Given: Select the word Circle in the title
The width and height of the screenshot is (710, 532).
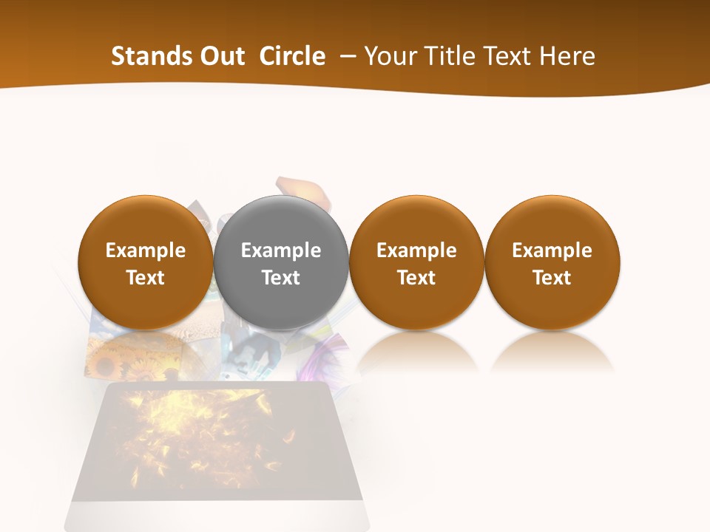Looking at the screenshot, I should tap(292, 56).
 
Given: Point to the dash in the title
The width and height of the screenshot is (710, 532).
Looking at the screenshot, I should tap(345, 57).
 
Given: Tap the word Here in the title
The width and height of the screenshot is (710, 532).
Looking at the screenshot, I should tap(569, 56).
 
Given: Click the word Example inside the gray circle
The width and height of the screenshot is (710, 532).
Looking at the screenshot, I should tap(281, 250).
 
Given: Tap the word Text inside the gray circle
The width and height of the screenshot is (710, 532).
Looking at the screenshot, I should tap(281, 278).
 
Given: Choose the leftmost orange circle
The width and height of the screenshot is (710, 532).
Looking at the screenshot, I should tap(146, 262).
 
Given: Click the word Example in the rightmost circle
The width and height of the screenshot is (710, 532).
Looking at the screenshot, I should tap(552, 250).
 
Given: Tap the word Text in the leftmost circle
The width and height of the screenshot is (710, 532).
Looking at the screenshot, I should tap(146, 278).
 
